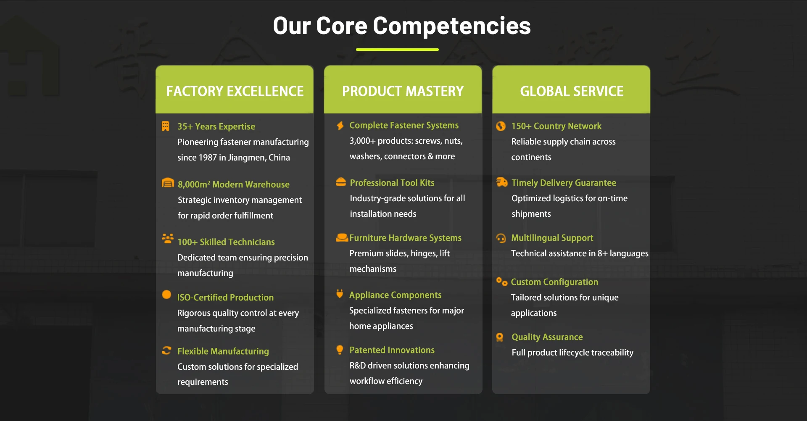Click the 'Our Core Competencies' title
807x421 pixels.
click(402, 26)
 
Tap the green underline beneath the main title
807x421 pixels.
click(397, 50)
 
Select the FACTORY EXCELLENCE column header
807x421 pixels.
click(235, 91)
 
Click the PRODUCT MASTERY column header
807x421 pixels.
click(403, 91)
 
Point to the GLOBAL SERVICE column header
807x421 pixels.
click(571, 91)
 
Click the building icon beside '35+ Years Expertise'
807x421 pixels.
click(166, 126)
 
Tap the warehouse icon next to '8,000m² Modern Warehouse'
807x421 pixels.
click(168, 183)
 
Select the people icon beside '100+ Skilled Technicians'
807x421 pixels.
click(168, 239)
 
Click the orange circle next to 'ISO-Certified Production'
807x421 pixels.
click(166, 295)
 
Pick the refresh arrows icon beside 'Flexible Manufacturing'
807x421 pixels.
click(166, 350)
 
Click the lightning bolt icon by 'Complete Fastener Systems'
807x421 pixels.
click(340, 126)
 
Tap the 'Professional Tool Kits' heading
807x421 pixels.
click(392, 183)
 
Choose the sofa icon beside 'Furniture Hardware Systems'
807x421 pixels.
click(342, 238)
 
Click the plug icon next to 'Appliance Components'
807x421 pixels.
click(340, 294)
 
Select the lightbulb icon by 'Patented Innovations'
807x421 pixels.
click(340, 350)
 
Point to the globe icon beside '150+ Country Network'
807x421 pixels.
click(501, 126)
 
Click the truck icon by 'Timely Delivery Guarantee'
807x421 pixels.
click(502, 182)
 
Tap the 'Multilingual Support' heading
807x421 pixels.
click(552, 238)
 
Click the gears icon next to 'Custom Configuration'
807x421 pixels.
click(502, 282)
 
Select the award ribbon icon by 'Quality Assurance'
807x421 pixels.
click(500, 337)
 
